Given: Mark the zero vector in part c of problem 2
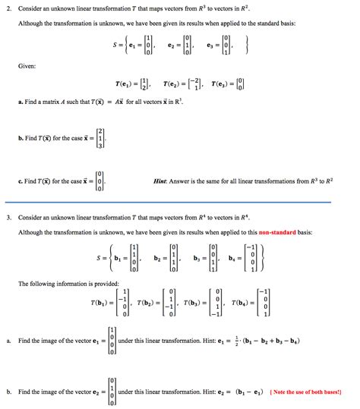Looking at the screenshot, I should coord(97,181).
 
